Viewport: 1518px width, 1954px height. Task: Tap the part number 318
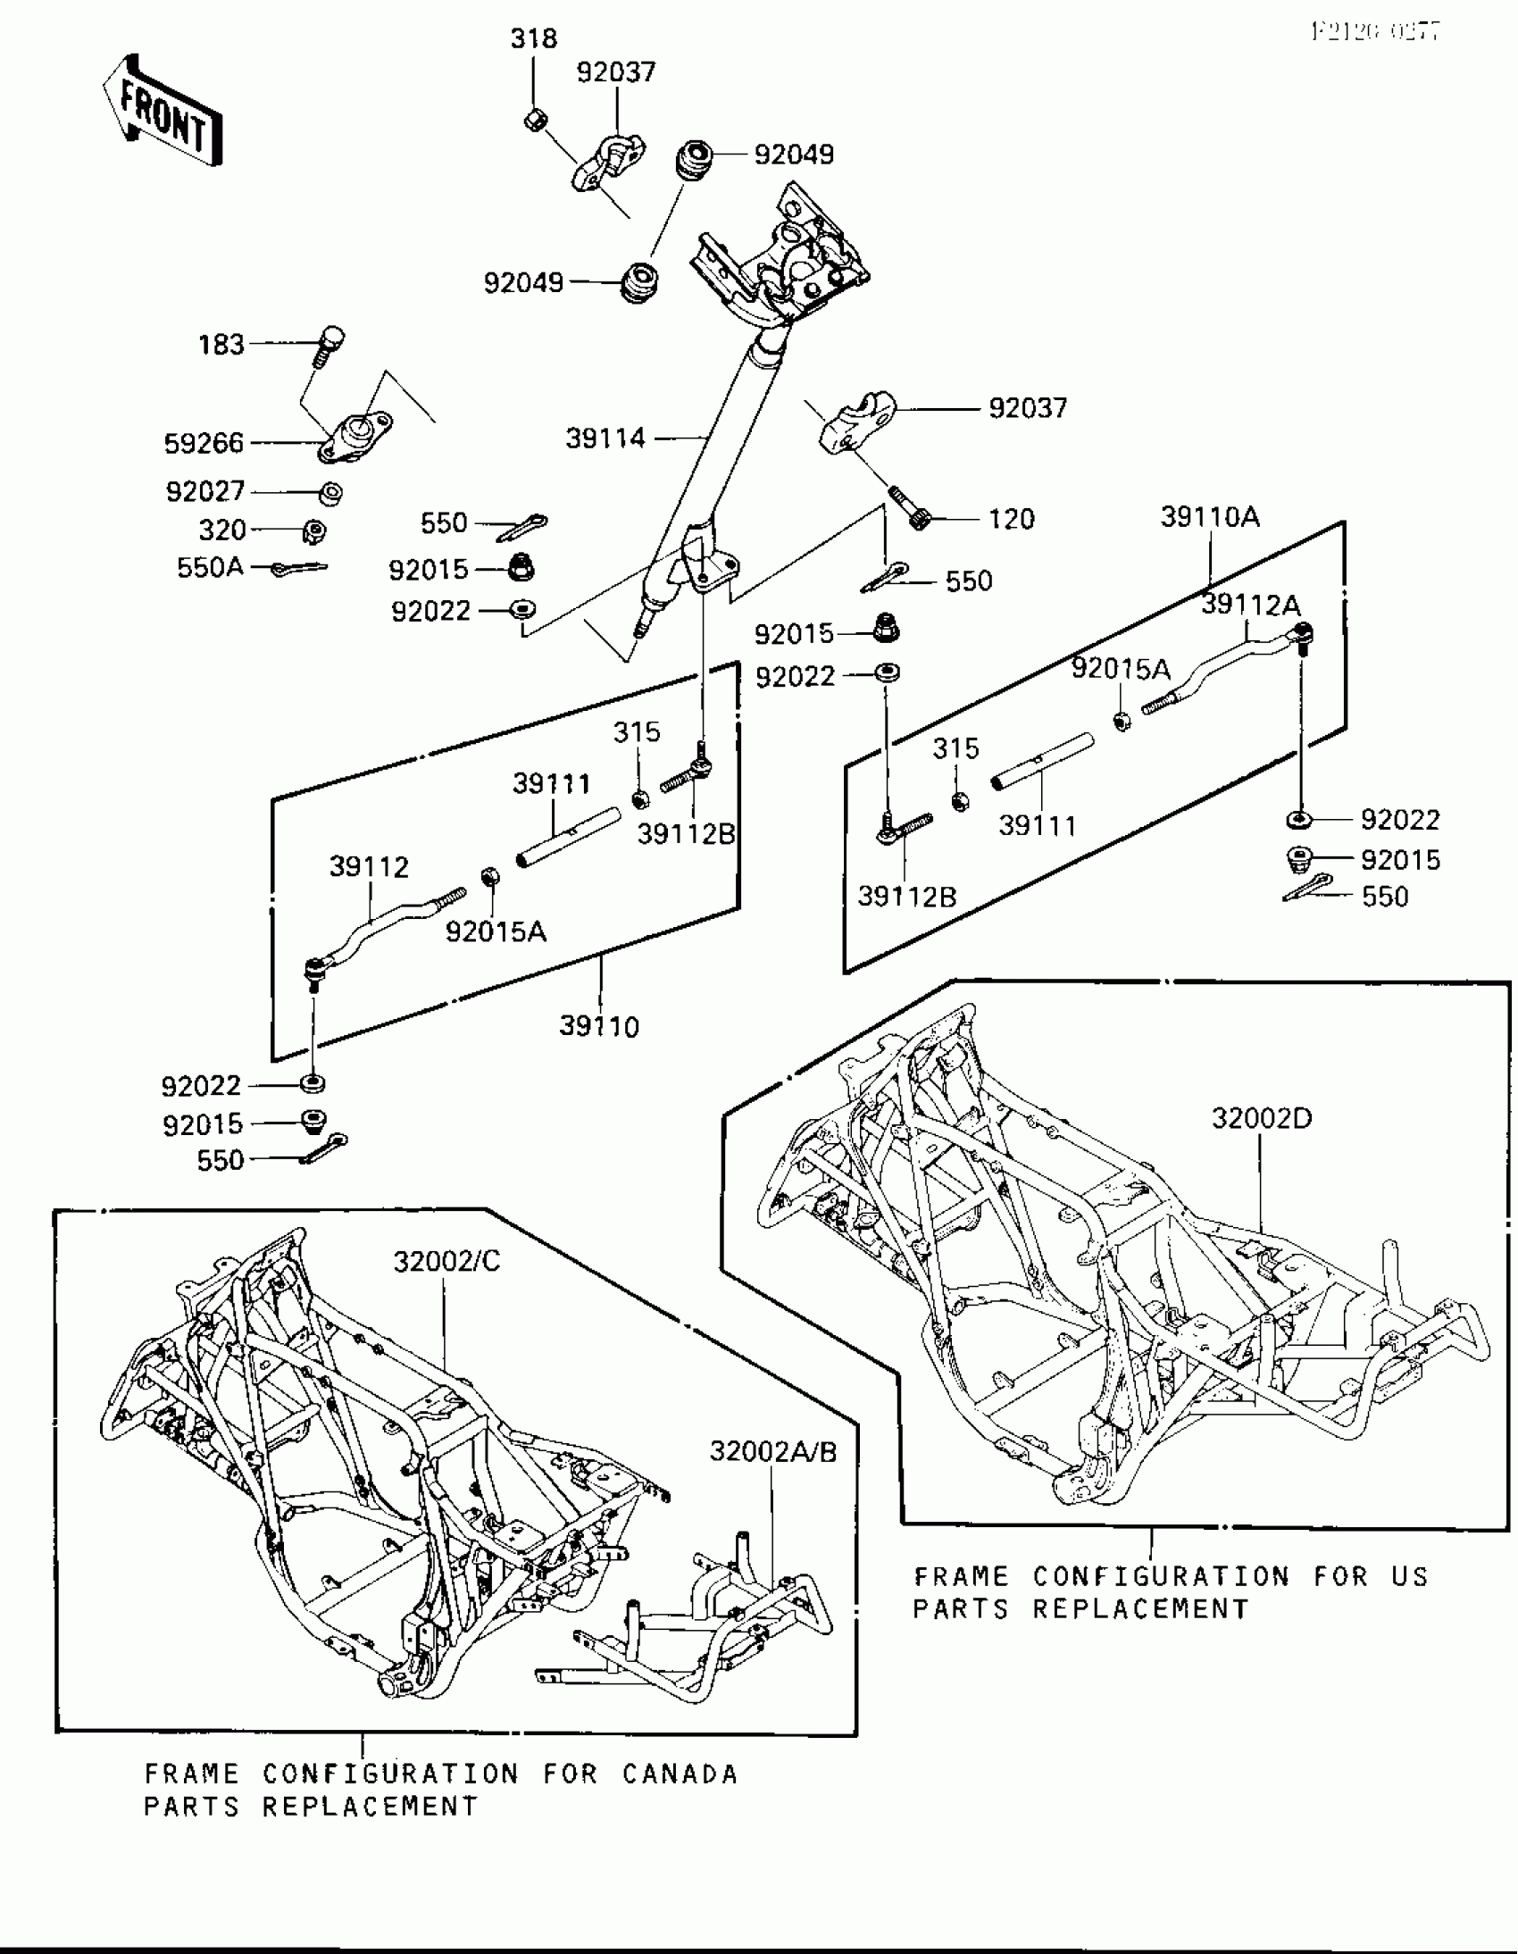point(533,38)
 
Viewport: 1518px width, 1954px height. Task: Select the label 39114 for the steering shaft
point(605,438)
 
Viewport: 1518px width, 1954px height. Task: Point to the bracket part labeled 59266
point(355,438)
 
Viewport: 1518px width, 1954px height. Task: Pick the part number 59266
point(204,443)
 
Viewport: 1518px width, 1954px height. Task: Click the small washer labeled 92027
point(331,492)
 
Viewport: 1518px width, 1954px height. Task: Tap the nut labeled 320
point(314,531)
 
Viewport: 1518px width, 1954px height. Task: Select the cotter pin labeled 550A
point(300,567)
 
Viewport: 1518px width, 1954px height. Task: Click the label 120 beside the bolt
point(1012,519)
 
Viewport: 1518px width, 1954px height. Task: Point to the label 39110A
point(1209,517)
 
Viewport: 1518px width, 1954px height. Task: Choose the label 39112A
point(1250,605)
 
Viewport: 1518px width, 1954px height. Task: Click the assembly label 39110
point(599,1026)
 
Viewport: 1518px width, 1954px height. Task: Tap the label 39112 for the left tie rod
point(369,866)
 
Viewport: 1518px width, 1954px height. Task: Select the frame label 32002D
point(1261,1118)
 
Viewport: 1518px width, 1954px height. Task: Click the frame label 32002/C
point(446,1262)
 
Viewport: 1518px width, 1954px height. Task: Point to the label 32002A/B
point(773,1451)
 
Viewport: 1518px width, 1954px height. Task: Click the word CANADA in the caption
point(680,1774)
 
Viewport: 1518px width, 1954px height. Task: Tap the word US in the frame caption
point(1410,1576)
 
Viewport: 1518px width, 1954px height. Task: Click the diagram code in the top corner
point(1375,32)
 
